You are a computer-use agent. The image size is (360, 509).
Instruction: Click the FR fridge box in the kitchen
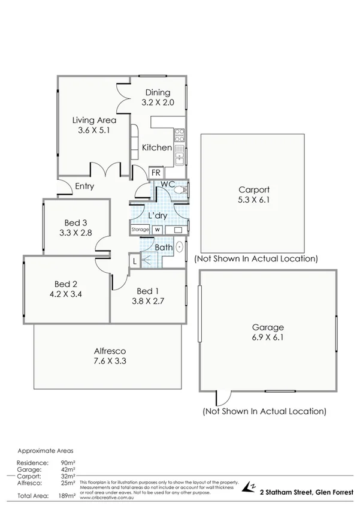coord(156,173)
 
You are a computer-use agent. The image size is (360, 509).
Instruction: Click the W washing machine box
coord(158,230)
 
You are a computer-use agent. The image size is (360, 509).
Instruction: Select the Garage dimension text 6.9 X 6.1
coord(268,338)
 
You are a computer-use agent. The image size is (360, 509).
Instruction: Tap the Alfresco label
coord(108,351)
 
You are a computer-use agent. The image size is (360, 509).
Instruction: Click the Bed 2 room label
coord(66,284)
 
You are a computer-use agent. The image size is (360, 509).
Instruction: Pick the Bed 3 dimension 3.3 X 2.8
coord(76,233)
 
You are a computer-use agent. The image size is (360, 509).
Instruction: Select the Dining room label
coord(156,92)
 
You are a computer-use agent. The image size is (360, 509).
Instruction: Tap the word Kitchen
coord(157,147)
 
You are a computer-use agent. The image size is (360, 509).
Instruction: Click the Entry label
coord(84,186)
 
